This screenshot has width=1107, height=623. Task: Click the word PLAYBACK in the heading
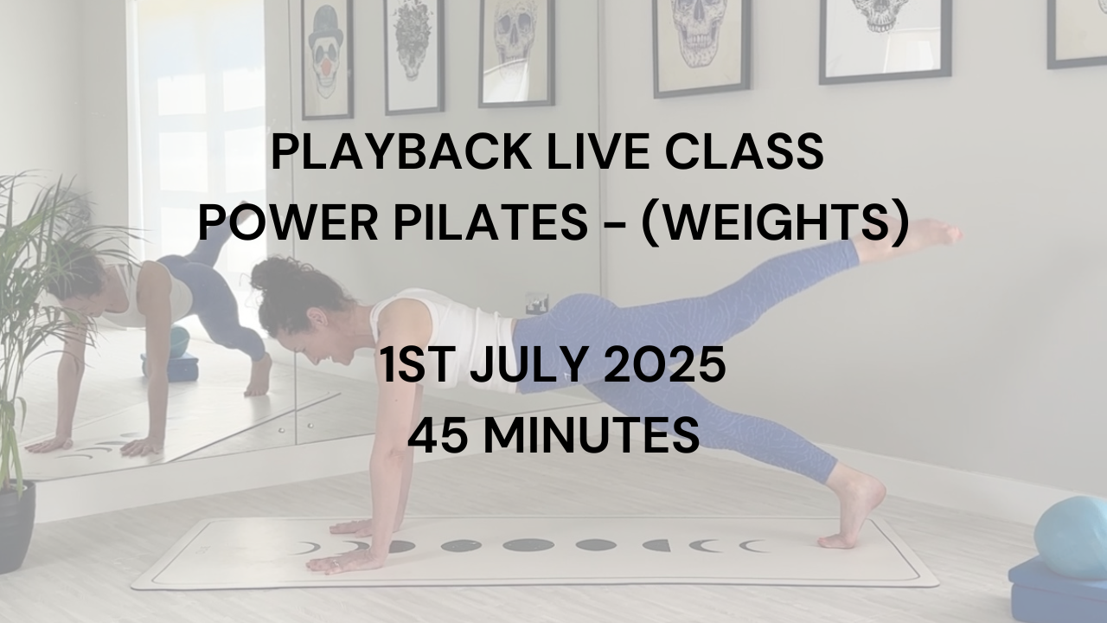pos(400,151)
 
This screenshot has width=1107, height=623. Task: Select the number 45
pos(437,434)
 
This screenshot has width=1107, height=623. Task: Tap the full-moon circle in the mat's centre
pos(528,545)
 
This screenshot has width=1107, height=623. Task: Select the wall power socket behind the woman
pos(537,304)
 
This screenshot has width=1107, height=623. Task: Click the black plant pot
pos(16,527)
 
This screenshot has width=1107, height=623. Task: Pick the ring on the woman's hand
pos(335,562)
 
